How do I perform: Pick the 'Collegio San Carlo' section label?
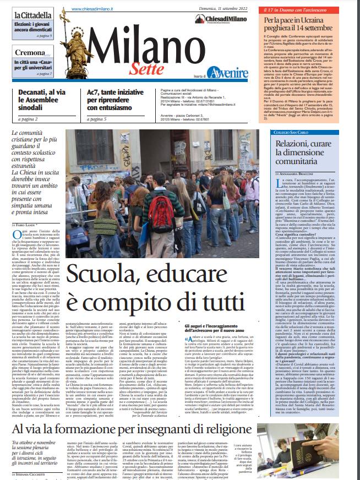point(291,133)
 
